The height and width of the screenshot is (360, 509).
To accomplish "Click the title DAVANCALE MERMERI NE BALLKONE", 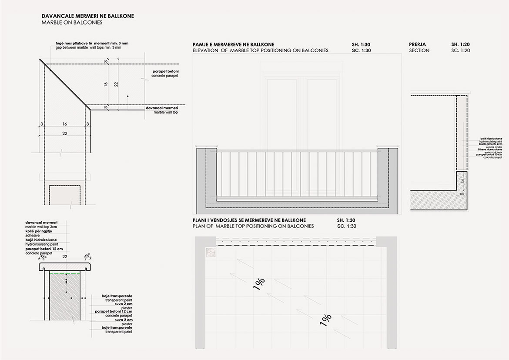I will click(87, 16).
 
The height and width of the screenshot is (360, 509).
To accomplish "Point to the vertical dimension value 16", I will click(106, 84).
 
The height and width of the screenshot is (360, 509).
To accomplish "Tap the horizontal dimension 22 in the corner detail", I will click(64, 133).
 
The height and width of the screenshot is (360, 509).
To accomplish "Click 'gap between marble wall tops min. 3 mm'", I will click(92, 47).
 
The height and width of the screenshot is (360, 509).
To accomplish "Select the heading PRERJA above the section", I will click(418, 44).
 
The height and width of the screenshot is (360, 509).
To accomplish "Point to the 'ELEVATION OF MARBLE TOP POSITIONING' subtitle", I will click(260, 50).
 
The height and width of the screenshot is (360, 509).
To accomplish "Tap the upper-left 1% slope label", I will click(258, 283).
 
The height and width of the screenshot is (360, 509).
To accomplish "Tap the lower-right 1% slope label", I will click(326, 320).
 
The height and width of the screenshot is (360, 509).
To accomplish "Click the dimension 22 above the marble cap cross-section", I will click(65, 257).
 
